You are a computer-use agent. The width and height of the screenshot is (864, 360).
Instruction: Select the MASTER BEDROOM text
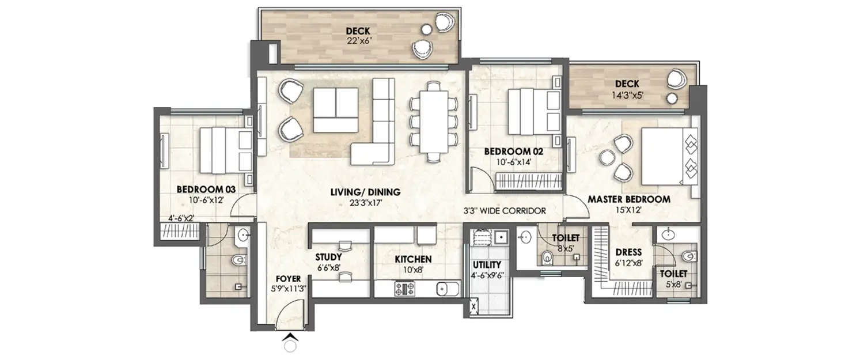(628, 199)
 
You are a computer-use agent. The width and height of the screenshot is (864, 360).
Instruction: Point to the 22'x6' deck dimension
(358, 41)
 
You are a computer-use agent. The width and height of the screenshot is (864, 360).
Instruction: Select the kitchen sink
(447, 289)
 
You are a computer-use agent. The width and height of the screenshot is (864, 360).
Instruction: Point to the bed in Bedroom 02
(533, 111)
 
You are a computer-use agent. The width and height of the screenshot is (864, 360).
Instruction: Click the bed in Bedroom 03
(225, 150)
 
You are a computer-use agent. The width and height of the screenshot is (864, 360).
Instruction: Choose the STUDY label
(328, 257)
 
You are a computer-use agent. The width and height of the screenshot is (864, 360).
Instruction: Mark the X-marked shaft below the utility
(473, 307)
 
